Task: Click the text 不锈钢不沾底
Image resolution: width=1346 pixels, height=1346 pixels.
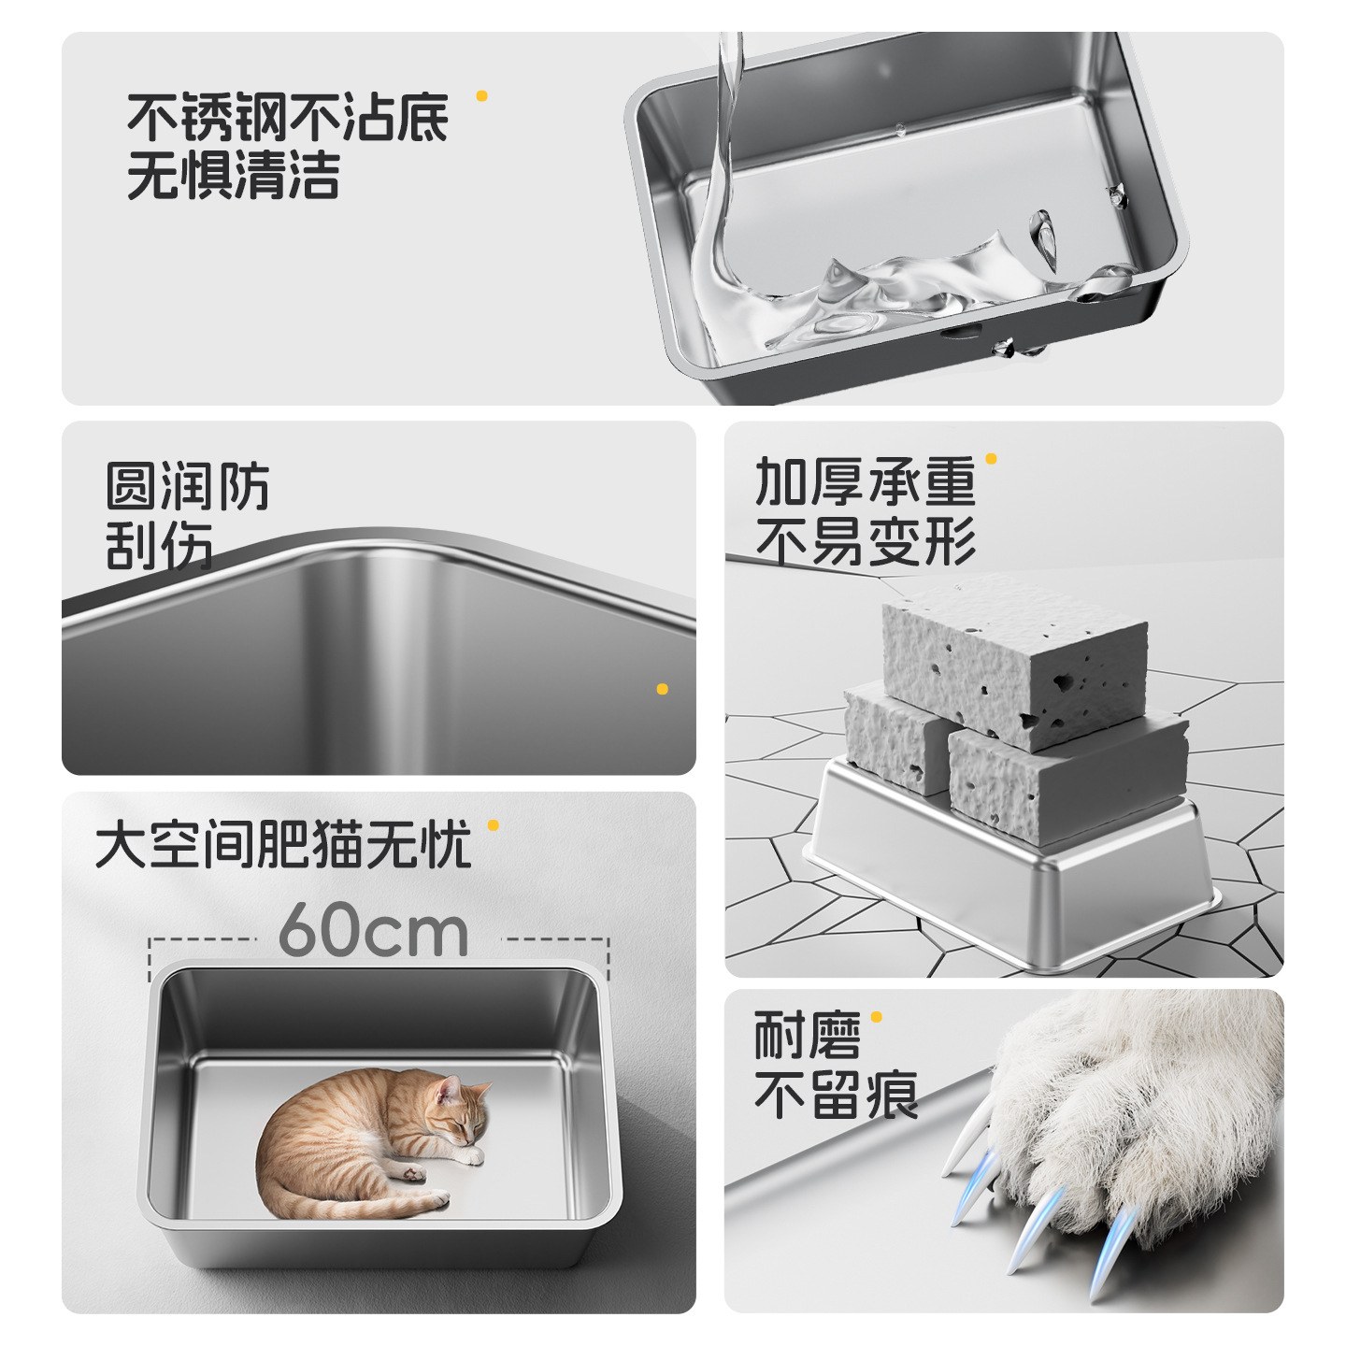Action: click(288, 118)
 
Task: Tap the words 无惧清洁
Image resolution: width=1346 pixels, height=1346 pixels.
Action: click(234, 176)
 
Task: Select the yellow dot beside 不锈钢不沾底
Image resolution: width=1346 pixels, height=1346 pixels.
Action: click(481, 95)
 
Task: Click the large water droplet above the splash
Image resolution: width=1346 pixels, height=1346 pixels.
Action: click(1043, 236)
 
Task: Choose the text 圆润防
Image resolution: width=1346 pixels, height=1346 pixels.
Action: click(187, 486)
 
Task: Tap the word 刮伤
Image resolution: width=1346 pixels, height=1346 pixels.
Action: click(159, 546)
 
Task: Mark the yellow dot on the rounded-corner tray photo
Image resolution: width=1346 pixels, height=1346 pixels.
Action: click(662, 689)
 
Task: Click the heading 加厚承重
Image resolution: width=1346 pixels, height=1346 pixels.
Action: click(865, 482)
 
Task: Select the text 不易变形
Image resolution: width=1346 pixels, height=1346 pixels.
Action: click(865, 542)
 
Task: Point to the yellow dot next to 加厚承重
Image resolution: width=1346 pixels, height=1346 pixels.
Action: click(991, 459)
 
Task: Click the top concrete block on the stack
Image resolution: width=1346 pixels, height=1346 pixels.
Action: click(1014, 659)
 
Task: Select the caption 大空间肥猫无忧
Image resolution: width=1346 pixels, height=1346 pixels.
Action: click(283, 845)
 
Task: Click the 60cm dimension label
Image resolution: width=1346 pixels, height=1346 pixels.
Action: click(374, 931)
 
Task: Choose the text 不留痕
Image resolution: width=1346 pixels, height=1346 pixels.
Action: click(837, 1095)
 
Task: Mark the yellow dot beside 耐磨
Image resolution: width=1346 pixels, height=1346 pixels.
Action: click(876, 1017)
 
